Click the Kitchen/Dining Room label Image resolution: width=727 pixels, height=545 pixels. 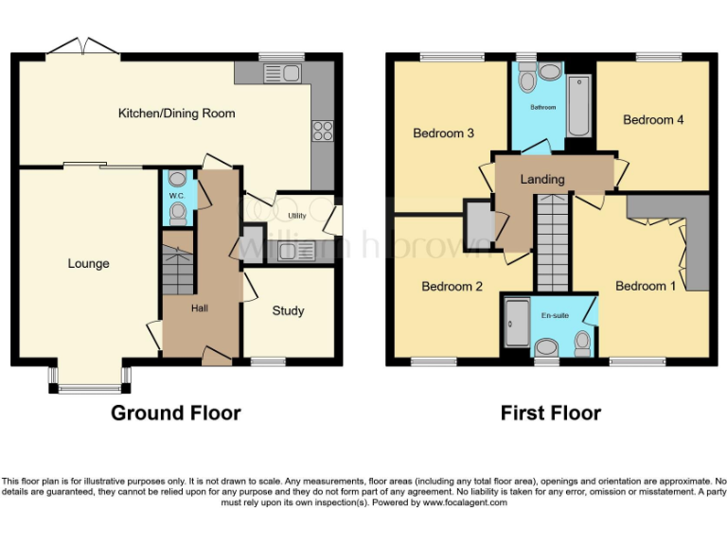click(176, 114)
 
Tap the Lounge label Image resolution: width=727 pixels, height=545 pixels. click(88, 263)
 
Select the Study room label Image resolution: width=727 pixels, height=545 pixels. click(288, 310)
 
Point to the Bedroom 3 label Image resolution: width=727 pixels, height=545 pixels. click(443, 133)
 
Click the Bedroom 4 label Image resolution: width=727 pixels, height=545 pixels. click(653, 120)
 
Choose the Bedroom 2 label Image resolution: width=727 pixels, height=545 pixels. click(452, 286)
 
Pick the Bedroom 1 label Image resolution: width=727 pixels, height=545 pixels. click(646, 286)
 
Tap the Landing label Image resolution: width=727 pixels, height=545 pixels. click(542, 179)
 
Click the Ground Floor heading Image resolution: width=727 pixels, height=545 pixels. click(175, 413)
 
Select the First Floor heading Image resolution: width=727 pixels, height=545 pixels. click(550, 413)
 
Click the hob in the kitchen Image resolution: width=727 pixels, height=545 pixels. click(320, 131)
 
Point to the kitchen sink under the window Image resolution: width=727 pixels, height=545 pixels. click(281, 73)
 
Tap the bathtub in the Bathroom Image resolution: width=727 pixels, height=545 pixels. click(578, 107)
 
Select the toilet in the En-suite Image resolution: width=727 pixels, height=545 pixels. click(583, 343)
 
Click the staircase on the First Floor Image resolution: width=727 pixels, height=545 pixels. click(553, 243)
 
